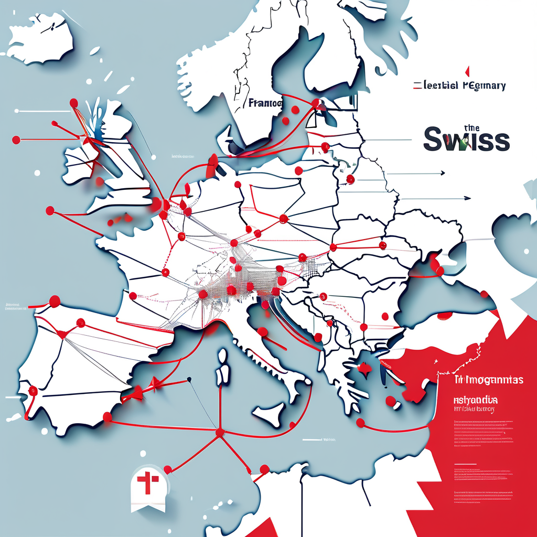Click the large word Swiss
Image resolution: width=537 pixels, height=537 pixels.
pos(466,140)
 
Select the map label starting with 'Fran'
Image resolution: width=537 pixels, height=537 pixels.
pos(265,103)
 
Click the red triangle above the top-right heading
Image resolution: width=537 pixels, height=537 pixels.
pos(466,71)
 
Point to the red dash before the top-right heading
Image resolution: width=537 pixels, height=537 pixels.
pos(417,85)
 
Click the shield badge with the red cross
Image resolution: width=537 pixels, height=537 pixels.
pos(148,487)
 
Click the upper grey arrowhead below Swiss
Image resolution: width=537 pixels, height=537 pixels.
pos(443,173)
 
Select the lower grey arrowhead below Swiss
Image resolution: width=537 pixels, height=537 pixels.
pos(467,199)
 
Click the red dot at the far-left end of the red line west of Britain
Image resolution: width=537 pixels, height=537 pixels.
pos(16,140)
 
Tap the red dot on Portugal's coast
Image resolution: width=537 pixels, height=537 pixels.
pos(33,390)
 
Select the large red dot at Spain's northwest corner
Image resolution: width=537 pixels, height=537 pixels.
pos(54,300)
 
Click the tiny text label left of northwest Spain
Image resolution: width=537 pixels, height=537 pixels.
pos(16,306)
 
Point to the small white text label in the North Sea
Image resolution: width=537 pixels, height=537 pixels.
pos(181,156)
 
